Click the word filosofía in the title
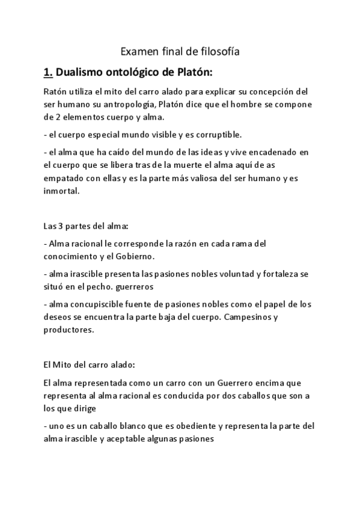point(218,52)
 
